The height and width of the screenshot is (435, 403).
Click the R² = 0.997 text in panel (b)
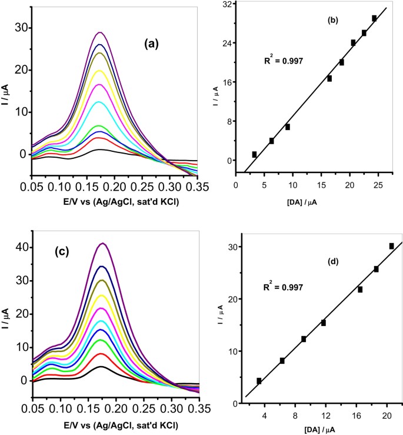[283, 59]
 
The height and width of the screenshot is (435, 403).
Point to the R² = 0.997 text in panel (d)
[284, 287]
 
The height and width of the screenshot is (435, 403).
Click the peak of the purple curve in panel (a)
[101, 32]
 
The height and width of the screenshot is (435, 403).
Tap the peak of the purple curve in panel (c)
[104, 243]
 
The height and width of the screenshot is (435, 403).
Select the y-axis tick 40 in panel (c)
[21, 247]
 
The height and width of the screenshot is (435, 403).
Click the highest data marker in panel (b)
[374, 18]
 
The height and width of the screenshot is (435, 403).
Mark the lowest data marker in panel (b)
[254, 154]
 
